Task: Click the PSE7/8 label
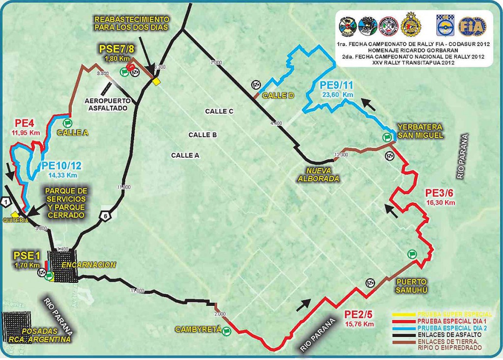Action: [x=116, y=49]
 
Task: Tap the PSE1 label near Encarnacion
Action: [x=27, y=256]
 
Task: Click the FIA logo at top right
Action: [x=472, y=26]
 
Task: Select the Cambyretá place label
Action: [x=198, y=330]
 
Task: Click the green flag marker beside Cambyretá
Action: [x=226, y=332]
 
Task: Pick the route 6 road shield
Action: [x=105, y=214]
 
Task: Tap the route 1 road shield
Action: [x=5, y=201]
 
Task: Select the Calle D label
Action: [x=278, y=95]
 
